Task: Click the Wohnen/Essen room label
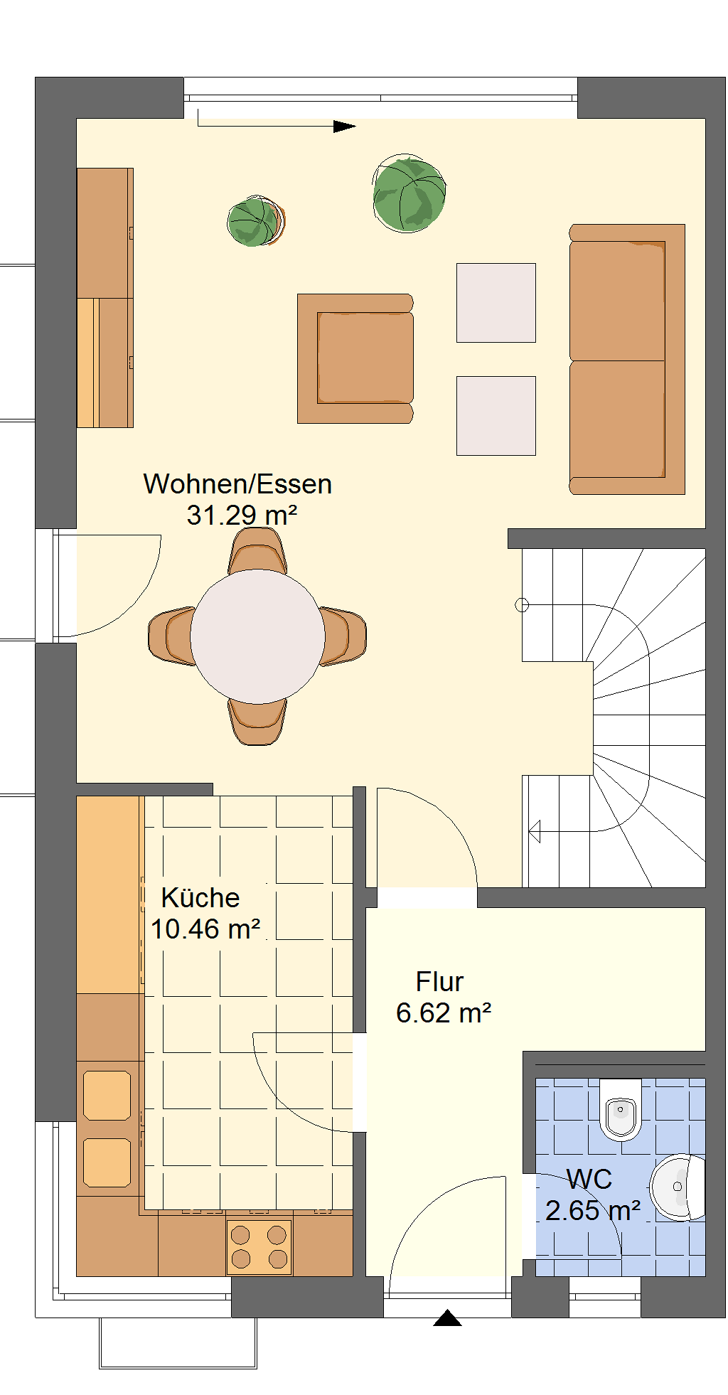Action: pyautogui.click(x=237, y=484)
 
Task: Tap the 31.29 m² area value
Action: pyautogui.click(x=242, y=515)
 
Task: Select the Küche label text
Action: pyautogui.click(x=200, y=897)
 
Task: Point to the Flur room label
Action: pyautogui.click(x=439, y=982)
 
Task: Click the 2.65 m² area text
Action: pyautogui.click(x=593, y=1211)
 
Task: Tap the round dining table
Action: pyautogui.click(x=257, y=636)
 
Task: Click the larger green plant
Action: pyautogui.click(x=409, y=194)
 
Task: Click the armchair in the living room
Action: pyautogui.click(x=355, y=358)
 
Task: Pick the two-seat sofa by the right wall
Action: pyautogui.click(x=627, y=359)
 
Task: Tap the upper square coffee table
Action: pyautogui.click(x=496, y=303)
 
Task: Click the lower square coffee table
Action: pyautogui.click(x=496, y=416)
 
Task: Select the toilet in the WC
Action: pyautogui.click(x=621, y=1109)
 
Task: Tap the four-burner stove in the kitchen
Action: pyautogui.click(x=259, y=1247)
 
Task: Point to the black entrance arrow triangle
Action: pyautogui.click(x=448, y=1317)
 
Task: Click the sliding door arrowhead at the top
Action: pyautogui.click(x=345, y=127)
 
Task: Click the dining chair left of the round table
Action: pyautogui.click(x=171, y=636)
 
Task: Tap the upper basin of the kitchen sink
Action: pyautogui.click(x=107, y=1096)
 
